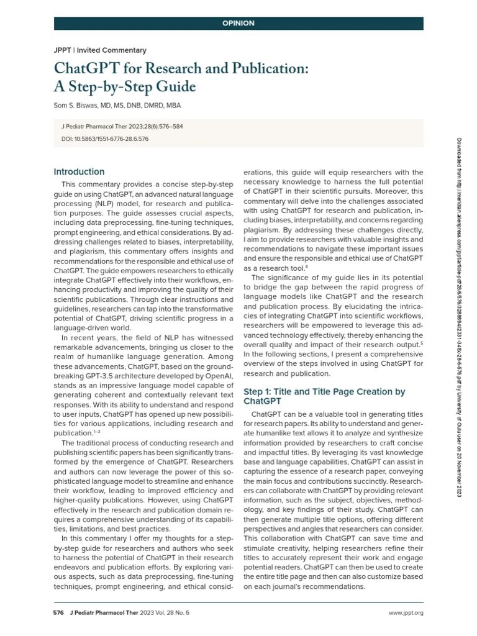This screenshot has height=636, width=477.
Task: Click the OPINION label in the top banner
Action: point(238,24)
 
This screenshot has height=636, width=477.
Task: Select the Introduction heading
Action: point(79,172)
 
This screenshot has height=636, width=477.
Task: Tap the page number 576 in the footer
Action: point(59,613)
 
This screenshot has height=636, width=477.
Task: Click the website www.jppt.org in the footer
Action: point(406,613)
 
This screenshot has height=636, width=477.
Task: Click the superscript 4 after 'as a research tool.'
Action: point(307,266)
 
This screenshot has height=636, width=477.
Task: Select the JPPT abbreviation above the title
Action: point(63,50)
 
